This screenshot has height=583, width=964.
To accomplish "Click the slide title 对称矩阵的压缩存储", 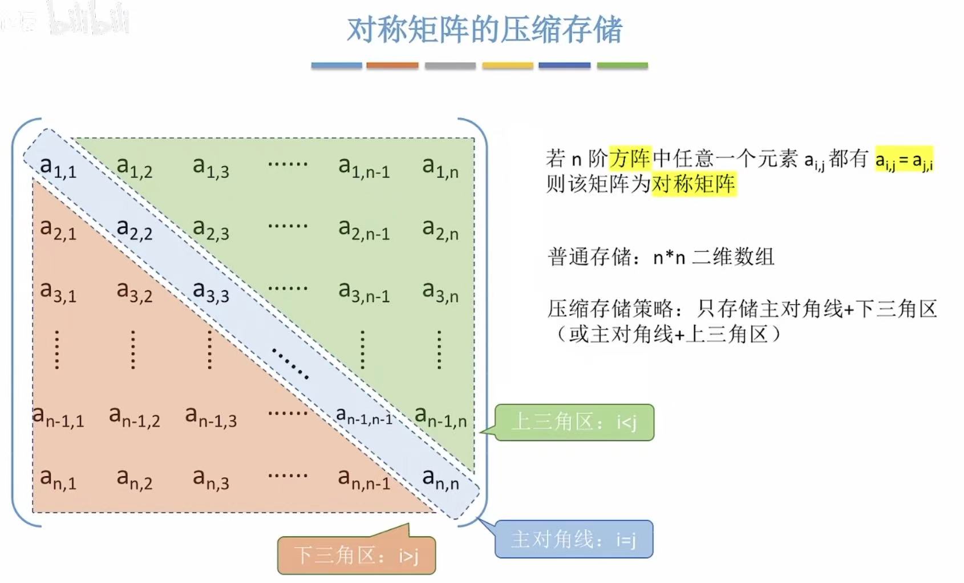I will pos(484,30).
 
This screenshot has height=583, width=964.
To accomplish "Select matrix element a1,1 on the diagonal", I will pos(58,167).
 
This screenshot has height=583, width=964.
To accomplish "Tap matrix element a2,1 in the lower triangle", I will pos(58,230).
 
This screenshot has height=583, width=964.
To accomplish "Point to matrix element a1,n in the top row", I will pos(440,167).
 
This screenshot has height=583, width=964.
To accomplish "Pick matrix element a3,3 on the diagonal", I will pos(210,292).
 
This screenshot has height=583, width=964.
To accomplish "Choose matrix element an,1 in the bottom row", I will pos(58,479).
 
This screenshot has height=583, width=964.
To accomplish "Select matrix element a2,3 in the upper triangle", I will pos(210,230).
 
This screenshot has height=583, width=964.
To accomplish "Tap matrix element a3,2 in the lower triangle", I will pos(135,292).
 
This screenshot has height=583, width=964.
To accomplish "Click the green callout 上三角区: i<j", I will pos(574,423).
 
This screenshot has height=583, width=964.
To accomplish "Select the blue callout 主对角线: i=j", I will pos(573,539).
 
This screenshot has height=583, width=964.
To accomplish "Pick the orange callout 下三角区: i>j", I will pos(357,555).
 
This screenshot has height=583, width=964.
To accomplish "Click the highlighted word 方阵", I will pos(630,158).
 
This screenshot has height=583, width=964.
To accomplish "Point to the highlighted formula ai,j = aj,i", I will pos(904,160).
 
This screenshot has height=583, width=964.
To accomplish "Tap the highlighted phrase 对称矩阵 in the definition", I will pos(694,184).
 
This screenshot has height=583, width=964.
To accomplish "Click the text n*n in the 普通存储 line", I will pos(669,258).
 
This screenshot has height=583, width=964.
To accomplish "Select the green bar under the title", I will pos(622,66).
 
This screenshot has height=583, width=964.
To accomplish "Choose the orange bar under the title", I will pos(392,66).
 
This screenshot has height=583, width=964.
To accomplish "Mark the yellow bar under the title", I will pos(507,66).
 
